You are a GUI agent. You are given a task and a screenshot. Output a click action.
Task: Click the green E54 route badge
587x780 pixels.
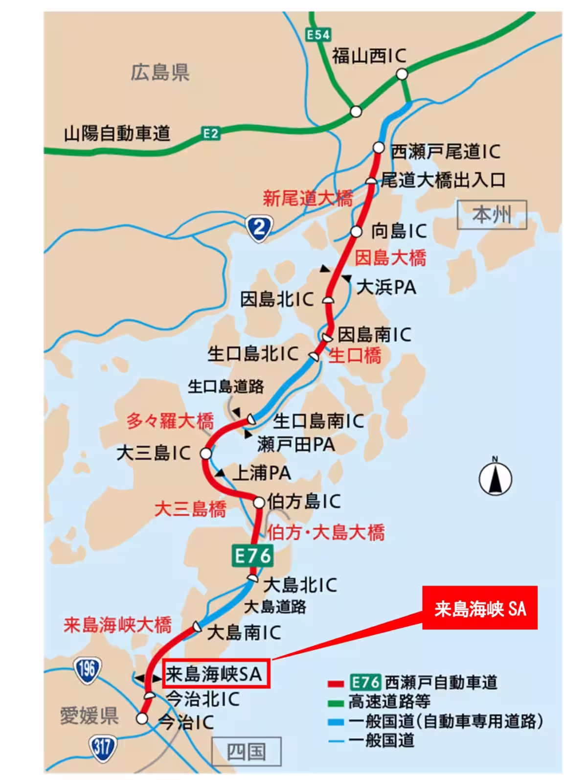click(318, 35)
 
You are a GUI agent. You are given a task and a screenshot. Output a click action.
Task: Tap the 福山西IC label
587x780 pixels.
click(369, 56)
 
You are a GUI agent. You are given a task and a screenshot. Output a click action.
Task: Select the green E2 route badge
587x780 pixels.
click(211, 133)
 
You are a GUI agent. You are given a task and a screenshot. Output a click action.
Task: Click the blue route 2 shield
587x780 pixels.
click(260, 228)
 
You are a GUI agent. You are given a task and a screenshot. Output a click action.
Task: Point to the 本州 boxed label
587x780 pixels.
click(492, 215)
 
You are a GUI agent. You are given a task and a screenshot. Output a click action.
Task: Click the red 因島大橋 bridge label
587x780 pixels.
click(390, 258)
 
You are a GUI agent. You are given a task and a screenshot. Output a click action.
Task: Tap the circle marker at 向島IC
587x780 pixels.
click(356, 231)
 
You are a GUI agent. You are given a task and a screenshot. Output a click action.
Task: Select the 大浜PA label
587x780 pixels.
click(386, 287)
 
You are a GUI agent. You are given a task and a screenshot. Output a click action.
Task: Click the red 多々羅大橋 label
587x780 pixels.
click(170, 421)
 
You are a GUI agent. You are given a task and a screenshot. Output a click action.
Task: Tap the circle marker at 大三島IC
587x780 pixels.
click(206, 454)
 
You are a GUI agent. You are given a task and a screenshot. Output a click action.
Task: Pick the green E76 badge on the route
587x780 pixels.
click(252, 556)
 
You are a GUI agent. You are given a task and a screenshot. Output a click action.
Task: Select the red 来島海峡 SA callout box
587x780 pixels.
click(479, 608)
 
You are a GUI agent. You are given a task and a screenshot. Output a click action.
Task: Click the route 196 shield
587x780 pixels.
click(87, 669)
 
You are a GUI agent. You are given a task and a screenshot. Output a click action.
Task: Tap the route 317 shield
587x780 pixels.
click(102, 747)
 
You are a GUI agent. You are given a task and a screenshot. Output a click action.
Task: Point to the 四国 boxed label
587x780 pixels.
click(246, 751)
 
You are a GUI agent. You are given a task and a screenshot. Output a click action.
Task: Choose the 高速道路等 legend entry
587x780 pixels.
click(389, 702)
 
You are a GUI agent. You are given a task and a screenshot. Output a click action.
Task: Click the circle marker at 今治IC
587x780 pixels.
click(142, 718)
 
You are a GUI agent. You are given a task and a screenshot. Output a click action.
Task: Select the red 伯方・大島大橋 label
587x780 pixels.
click(326, 532)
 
